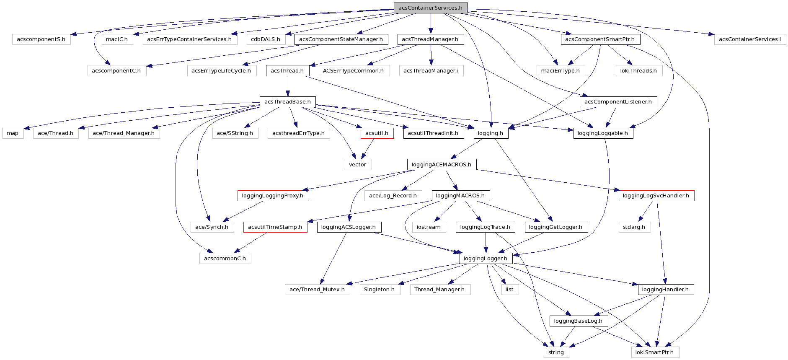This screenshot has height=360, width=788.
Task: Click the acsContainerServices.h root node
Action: pyautogui.click(x=430, y=8)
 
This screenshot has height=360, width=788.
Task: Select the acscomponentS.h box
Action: pyautogui.click(x=41, y=39)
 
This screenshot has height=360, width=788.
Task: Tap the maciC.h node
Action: pyautogui.click(x=117, y=39)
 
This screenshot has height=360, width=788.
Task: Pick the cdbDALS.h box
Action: pyautogui.click(x=266, y=39)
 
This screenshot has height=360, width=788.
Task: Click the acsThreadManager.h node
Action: pyautogui.click(x=430, y=39)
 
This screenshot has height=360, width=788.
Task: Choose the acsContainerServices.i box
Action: pyautogui.click(x=749, y=39)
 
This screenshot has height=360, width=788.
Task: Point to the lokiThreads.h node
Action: pyautogui.click(x=638, y=71)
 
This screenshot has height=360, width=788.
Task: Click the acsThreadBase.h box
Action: pyautogui.click(x=287, y=102)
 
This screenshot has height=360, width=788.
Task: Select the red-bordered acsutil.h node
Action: pyautogui.click(x=377, y=133)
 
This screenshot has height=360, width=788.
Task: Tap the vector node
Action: pyautogui.click(x=357, y=165)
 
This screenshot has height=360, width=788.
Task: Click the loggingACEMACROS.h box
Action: pyautogui.click(x=441, y=165)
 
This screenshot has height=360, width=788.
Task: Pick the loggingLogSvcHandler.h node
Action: pyautogui.click(x=656, y=196)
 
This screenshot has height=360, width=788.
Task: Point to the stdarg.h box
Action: pyautogui.click(x=634, y=227)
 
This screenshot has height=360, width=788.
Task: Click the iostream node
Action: pyautogui.click(x=429, y=227)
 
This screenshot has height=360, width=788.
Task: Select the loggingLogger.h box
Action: pyautogui.click(x=486, y=259)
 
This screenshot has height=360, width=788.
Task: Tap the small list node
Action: pyautogui.click(x=509, y=290)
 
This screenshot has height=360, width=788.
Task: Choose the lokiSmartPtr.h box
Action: pyautogui.click(x=654, y=352)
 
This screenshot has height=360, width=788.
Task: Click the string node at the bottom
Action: pyautogui.click(x=556, y=352)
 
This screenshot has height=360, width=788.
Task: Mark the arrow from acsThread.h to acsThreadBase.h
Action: pyautogui.click(x=287, y=86)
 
